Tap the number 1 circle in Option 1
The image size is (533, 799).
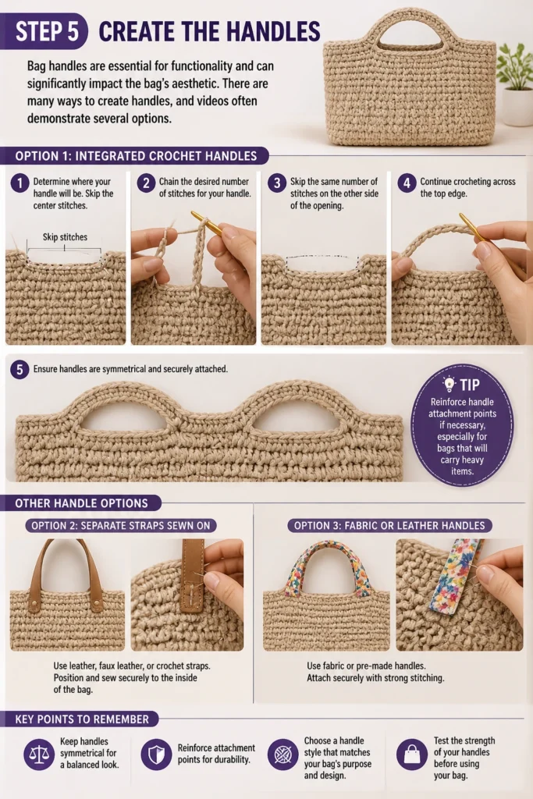tap(20, 183)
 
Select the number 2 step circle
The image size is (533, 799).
tap(146, 183)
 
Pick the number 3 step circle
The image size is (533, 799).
tap(277, 183)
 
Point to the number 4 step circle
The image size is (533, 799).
tap(407, 183)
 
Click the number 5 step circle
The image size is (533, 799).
tap(20, 369)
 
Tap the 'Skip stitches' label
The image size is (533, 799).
tap(65, 237)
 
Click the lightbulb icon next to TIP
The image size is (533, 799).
tap(449, 383)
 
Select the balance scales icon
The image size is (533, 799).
tap(39, 755)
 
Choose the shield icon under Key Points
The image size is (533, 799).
tap(156, 755)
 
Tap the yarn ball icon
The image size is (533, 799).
tap(282, 755)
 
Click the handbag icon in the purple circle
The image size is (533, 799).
tap(412, 755)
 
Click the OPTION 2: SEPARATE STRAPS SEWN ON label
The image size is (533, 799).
tap(121, 525)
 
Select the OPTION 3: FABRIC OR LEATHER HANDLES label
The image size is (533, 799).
tap(389, 525)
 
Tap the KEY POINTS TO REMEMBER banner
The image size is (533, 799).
tap(81, 719)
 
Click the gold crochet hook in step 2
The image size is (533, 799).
tap(207, 223)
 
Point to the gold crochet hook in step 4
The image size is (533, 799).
tap(471, 227)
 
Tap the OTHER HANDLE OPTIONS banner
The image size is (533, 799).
tap(80, 503)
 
